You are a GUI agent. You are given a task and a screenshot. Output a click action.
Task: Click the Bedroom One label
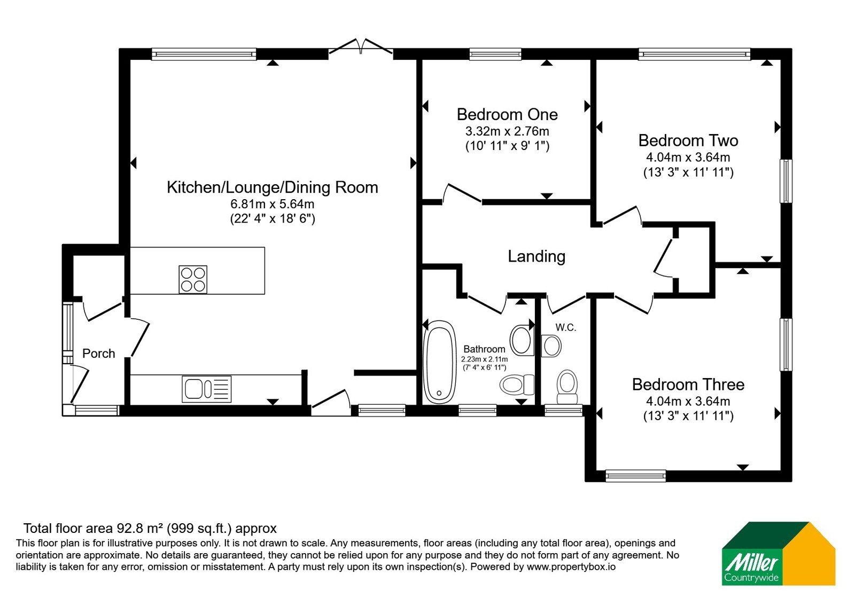(507, 114)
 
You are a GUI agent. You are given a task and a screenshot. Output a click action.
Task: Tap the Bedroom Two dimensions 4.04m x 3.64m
(688, 157)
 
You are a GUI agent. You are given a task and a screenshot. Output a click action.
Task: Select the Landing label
(537, 256)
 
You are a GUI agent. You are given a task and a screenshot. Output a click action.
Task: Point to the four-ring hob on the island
(193, 280)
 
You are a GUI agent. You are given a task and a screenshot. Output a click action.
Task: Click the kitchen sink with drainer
(206, 389)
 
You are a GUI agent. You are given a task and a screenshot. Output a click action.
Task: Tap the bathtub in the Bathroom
(440, 362)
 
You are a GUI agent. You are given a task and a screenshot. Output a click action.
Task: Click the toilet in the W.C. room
(567, 387)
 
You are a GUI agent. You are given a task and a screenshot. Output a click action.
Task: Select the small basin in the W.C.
(551, 346)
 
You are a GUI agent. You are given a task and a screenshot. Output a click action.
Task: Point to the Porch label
(98, 353)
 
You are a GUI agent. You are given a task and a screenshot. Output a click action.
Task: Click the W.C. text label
(566, 327)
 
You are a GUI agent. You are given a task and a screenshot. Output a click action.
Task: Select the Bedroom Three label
(688, 384)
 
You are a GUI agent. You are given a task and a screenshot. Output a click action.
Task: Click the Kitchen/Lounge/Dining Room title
(272, 187)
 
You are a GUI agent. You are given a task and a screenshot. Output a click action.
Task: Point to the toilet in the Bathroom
(517, 384)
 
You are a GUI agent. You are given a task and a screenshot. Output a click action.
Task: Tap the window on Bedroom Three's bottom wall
(635, 476)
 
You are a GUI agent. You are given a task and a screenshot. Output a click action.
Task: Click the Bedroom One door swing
(462, 193)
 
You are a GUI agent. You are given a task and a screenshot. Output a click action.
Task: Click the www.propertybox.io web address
(571, 566)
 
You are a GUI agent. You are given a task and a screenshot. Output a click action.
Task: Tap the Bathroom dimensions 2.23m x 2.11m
(484, 359)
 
